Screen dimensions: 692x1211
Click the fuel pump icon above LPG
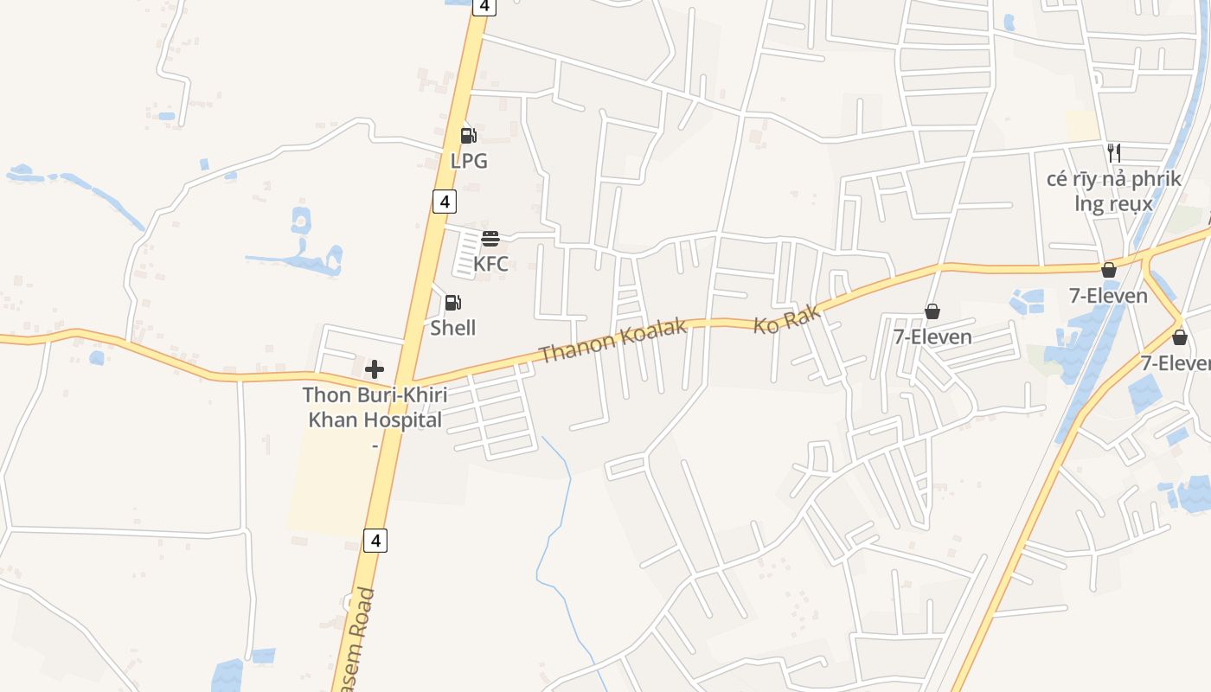pyautogui.click(x=468, y=135)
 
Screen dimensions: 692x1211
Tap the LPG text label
pyautogui.click(x=469, y=161)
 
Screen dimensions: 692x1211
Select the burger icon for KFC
pyautogui.click(x=490, y=239)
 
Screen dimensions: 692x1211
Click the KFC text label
pyautogui.click(x=490, y=264)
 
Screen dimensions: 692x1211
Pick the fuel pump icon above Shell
pyautogui.click(x=452, y=303)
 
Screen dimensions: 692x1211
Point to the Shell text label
pyautogui.click(x=453, y=328)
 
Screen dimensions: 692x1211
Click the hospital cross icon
pyautogui.click(x=375, y=370)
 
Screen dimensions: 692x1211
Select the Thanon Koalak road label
pyautogui.click(x=613, y=340)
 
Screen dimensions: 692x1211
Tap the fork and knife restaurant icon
pyautogui.click(x=1114, y=153)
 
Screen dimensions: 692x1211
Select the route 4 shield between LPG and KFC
pyautogui.click(x=444, y=202)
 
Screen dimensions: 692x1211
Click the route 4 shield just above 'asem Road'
pyautogui.click(x=375, y=541)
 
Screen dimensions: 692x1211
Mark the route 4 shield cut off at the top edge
pyautogui.click(x=484, y=6)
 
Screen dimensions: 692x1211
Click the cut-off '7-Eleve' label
pyautogui.click(x=1176, y=363)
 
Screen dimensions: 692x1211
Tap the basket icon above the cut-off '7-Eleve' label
pyautogui.click(x=1180, y=337)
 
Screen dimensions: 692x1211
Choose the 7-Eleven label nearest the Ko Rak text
pyautogui.click(x=932, y=336)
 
